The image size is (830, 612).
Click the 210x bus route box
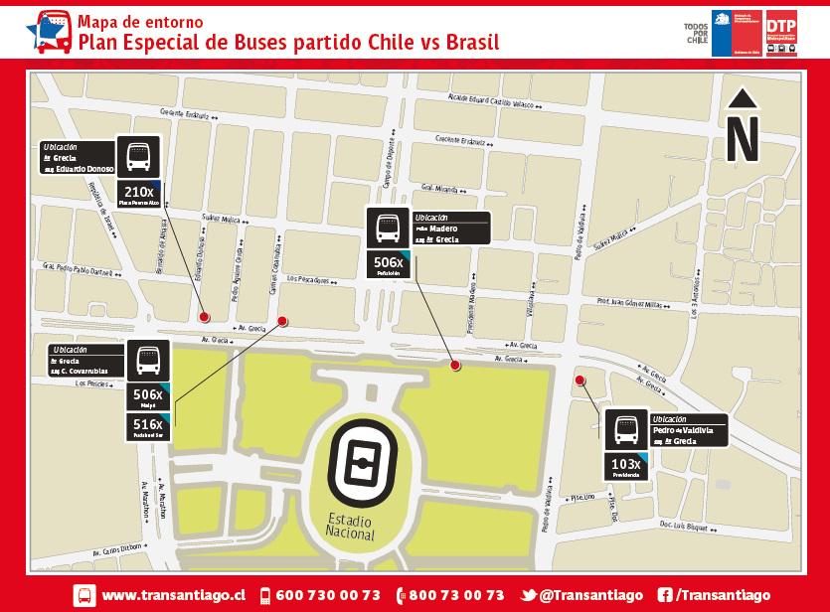138,193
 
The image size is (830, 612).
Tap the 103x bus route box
625,467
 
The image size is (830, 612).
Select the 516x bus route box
147,427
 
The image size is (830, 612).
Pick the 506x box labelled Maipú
147,398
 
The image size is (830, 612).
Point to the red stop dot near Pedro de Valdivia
580,380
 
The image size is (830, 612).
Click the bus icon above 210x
138,156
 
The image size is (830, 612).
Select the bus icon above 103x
625,430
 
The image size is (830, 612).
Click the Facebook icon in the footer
663,595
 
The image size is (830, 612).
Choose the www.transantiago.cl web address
174,595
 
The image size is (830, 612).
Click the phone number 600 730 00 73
327,595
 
